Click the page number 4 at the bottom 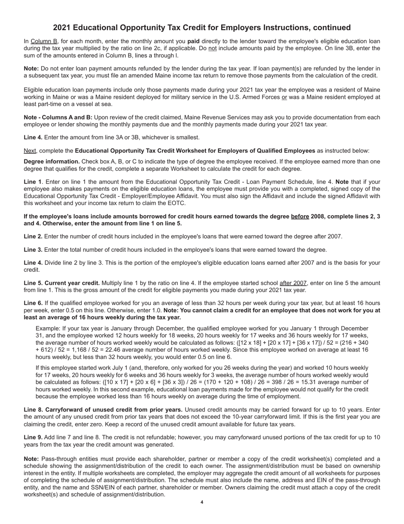pos(202,502)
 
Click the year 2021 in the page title pos(62,28)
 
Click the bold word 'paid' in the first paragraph pos(194,41)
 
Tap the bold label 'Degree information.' pos(51,161)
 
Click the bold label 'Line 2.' pos(33,236)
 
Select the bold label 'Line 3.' pos(33,250)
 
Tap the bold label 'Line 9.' pos(33,438)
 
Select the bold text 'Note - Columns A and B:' pos(58,118)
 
